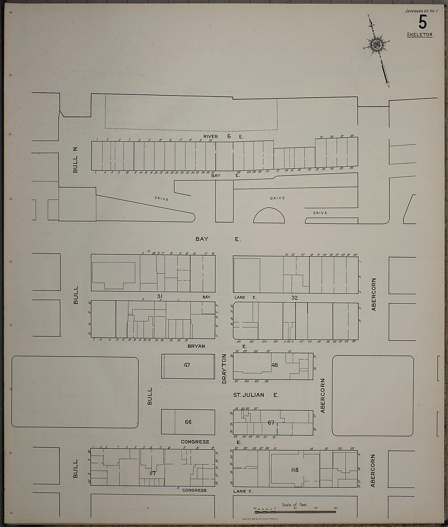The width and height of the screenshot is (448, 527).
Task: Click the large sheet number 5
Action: pos(422,22)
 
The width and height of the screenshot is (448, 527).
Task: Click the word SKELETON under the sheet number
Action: pos(419,35)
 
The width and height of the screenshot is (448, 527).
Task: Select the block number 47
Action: pos(187,365)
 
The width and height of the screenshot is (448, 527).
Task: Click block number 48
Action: pos(275,365)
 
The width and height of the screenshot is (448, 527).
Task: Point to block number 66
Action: pos(188,422)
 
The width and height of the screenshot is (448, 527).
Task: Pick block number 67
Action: pos(271,422)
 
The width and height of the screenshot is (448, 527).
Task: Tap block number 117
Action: pos(153,473)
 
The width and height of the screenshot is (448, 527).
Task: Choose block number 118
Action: pos(295,470)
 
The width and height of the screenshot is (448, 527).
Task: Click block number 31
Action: pos(159,297)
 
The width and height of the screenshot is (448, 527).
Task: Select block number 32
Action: pos(294,297)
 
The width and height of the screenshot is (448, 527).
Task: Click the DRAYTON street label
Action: pos(224,369)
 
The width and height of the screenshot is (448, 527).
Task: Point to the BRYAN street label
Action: pos(196,346)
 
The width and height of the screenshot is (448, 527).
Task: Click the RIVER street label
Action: pos(211,136)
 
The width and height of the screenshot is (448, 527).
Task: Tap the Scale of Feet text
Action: pos(295,505)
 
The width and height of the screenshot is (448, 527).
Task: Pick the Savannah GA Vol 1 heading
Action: pos(421,11)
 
